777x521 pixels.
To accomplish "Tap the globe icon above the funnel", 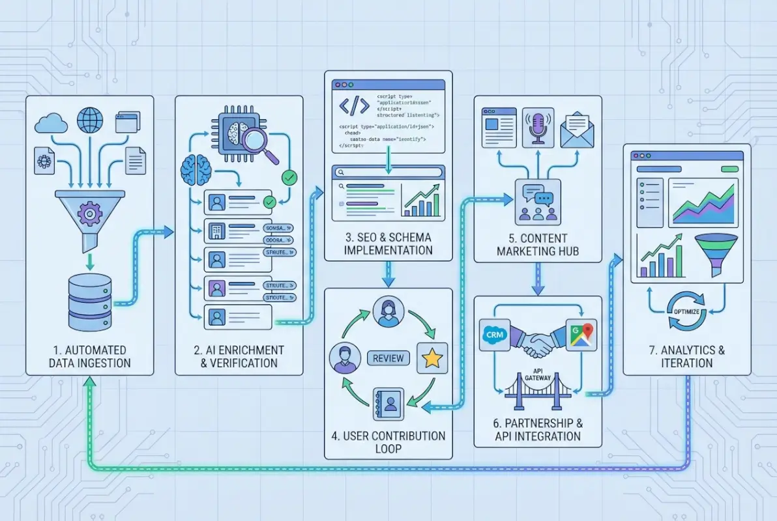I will (90, 120).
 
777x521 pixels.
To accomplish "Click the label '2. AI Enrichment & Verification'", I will (239, 357).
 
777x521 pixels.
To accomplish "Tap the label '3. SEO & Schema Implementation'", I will (388, 244).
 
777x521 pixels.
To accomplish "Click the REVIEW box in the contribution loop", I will (388, 358).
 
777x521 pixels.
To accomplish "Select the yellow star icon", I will (432, 358).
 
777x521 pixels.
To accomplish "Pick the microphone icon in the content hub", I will (538, 127).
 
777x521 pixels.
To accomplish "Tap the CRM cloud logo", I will (493, 335).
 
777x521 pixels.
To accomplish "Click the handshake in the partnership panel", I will (537, 343).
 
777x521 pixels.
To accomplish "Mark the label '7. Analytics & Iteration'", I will (686, 356).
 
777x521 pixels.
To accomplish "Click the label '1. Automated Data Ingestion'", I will (90, 357).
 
